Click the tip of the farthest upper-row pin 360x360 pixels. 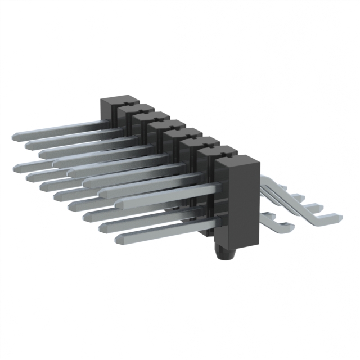click(x=14, y=137)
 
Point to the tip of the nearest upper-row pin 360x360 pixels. click(x=101, y=192)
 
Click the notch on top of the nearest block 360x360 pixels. click(x=228, y=156)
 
